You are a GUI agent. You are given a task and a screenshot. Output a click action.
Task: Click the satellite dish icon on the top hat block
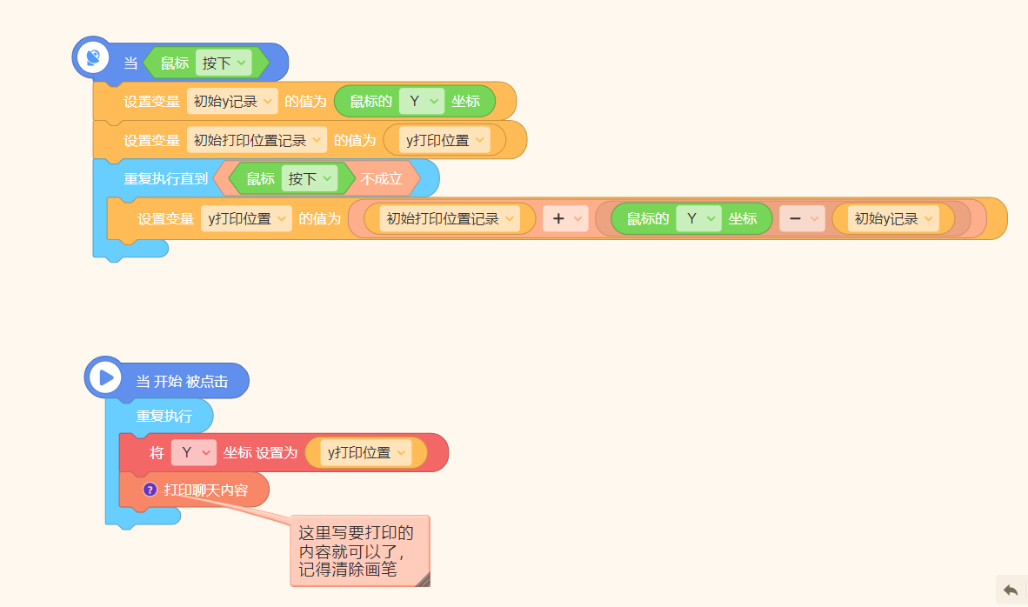tap(93, 57)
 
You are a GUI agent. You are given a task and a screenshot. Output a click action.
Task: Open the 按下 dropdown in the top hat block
tap(224, 63)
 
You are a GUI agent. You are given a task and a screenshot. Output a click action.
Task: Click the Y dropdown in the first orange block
tap(422, 102)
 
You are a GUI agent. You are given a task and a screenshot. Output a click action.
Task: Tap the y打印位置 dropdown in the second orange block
tap(444, 140)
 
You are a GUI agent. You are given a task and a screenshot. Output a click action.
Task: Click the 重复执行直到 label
tap(166, 179)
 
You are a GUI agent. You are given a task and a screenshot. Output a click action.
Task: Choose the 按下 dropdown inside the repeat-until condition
tap(310, 179)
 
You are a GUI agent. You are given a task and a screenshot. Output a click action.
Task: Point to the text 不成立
tap(381, 179)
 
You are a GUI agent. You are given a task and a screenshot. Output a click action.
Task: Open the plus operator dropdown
tap(565, 219)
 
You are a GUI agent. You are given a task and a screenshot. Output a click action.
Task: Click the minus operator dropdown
tap(802, 219)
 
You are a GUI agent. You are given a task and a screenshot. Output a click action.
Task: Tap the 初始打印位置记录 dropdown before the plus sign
tap(450, 219)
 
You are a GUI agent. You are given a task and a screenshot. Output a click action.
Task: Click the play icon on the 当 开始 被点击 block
tap(105, 377)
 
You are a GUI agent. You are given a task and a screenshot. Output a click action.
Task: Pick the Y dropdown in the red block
tap(194, 452)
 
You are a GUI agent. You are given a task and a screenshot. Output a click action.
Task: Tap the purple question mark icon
tap(150, 490)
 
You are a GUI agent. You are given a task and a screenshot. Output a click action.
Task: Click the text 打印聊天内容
tap(206, 490)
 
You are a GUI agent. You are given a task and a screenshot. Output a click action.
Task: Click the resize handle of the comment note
tap(423, 579)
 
